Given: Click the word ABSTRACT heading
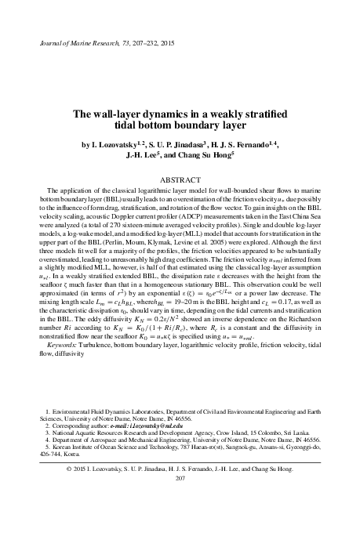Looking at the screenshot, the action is tap(180, 179).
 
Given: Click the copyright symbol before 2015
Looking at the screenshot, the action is tap(69, 468).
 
